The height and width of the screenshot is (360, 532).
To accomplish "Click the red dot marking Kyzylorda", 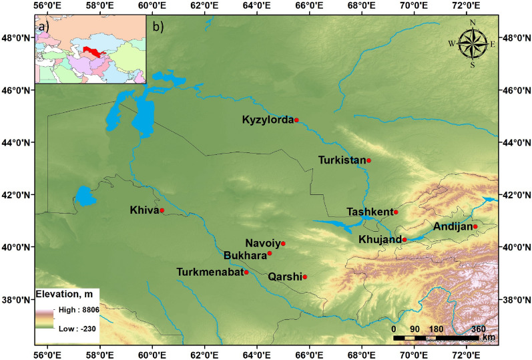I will (x=296, y=120).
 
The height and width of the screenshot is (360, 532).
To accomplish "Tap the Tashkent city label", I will (x=369, y=212).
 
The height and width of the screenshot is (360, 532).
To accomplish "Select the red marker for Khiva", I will (x=162, y=210).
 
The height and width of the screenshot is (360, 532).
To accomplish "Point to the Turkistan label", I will (x=342, y=160).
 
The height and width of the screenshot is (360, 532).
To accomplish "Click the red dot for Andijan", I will (x=475, y=226).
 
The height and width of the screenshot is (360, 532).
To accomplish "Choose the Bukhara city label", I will (x=244, y=254).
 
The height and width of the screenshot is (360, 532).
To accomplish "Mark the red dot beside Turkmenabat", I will (x=246, y=272).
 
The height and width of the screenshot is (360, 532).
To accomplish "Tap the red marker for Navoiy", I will (x=283, y=243).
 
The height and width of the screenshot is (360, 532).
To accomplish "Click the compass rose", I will (x=473, y=43).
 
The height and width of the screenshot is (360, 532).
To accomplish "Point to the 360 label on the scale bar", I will (x=479, y=329).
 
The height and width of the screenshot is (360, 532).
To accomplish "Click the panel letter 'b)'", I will (x=159, y=27).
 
